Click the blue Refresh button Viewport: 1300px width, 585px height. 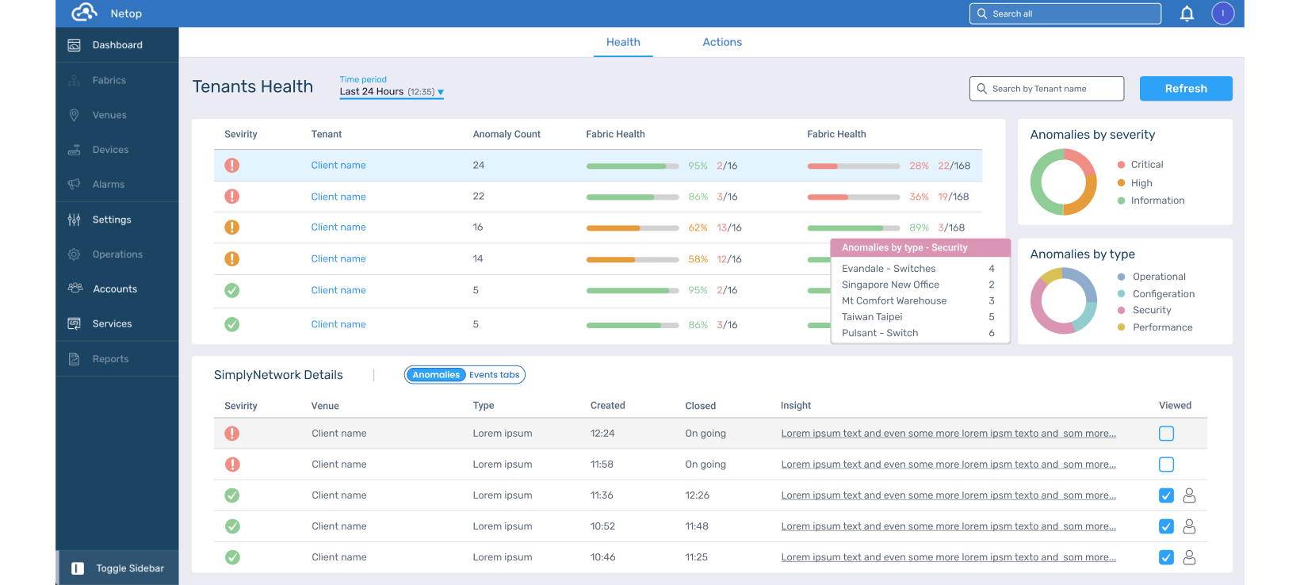(1186, 88)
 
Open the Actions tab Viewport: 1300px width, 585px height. (722, 42)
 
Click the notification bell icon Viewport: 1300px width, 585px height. (1187, 13)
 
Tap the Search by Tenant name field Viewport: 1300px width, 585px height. (1046, 88)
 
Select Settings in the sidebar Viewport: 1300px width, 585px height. (112, 220)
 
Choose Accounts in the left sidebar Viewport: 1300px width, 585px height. (114, 289)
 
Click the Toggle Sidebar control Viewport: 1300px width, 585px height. (118, 568)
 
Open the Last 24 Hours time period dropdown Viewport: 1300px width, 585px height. (391, 92)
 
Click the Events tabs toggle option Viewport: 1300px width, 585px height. (494, 375)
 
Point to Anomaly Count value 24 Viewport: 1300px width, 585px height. (478, 166)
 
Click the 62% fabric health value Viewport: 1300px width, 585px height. (698, 227)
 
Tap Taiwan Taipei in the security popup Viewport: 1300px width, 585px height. (872, 317)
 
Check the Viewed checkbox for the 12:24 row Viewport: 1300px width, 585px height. (1166, 434)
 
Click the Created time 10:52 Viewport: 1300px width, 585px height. (602, 526)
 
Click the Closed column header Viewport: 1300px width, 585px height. (700, 406)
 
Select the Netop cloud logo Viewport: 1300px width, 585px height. (83, 12)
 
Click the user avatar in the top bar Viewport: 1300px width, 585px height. (1222, 13)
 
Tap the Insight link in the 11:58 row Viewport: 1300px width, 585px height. (948, 465)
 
